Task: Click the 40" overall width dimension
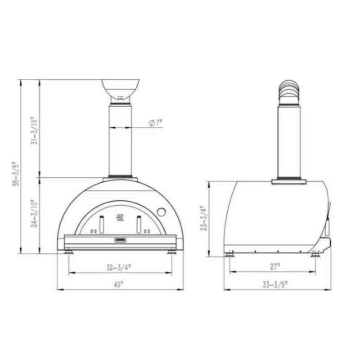118,284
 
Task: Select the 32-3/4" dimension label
118,266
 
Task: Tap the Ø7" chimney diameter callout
154,122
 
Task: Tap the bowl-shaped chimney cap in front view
120,89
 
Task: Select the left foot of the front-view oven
69,252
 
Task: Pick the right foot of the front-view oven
171,252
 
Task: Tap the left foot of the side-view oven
230,255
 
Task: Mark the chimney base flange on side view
289,181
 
